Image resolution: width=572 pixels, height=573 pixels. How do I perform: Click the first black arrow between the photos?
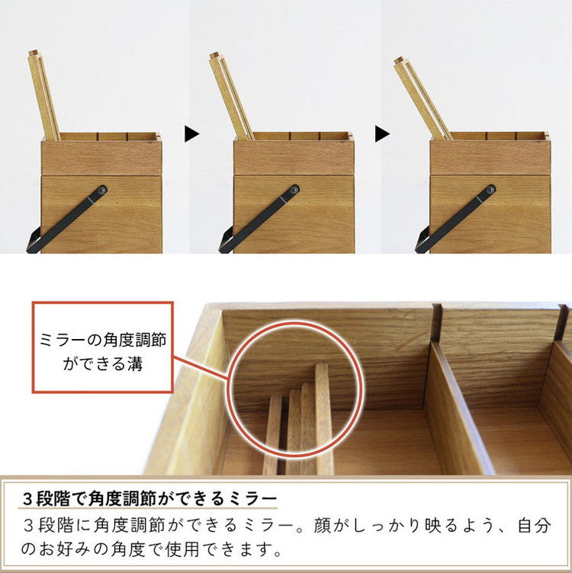pos(191,134)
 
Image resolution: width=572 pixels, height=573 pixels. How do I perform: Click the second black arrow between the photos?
pos(382,134)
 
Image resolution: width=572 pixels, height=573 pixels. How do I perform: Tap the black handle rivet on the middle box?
pos(294,189)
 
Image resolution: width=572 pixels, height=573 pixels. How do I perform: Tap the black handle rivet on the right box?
pos(490,189)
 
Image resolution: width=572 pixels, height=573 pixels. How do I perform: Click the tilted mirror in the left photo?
pos(43,95)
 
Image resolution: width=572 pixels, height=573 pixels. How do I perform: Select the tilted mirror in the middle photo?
pos(231,95)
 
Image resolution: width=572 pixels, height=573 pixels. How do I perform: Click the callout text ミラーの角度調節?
pos(103,337)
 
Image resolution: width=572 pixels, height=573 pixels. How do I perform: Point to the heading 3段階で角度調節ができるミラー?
pos(149,499)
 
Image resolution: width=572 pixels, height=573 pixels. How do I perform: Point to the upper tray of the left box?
pos(101,155)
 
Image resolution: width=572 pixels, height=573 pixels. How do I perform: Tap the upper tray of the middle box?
pos(294,155)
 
